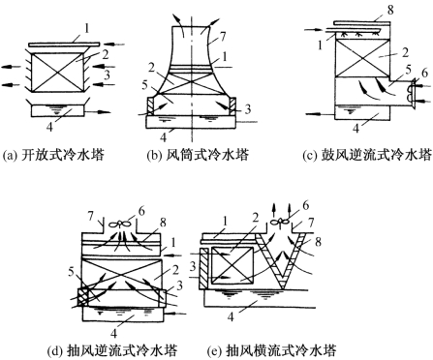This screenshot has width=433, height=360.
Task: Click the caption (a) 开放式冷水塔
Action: pyautogui.click(x=53, y=156)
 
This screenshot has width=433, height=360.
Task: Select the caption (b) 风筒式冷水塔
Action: pyautogui.click(x=198, y=156)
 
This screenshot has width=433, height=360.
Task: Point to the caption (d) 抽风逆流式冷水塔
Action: pyautogui.click(x=112, y=351)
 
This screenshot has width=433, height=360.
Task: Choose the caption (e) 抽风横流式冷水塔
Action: pyautogui.click(x=273, y=351)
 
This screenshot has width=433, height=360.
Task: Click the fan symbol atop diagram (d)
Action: pyautogui.click(x=119, y=224)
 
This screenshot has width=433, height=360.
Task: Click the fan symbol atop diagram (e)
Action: pyautogui.click(x=279, y=222)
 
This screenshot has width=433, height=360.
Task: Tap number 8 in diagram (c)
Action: pyautogui.click(x=390, y=10)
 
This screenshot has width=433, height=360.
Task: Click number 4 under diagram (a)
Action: pyautogui.click(x=49, y=127)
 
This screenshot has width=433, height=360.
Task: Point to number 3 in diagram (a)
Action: pyautogui.click(x=107, y=75)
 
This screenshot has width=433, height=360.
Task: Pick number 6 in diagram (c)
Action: pyautogui.click(x=424, y=74)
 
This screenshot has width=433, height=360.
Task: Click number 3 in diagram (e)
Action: pyautogui.click(x=193, y=266)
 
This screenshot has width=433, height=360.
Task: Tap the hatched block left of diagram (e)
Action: pyautogui.click(x=204, y=269)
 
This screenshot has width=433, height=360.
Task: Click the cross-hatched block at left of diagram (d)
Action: pyautogui.click(x=83, y=298)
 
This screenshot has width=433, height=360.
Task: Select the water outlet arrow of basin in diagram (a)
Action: pyautogui.click(x=97, y=112)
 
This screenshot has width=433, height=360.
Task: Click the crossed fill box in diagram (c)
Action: pyautogui.click(x=362, y=58)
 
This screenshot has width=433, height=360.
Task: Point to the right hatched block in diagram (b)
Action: pyautogui.click(x=232, y=106)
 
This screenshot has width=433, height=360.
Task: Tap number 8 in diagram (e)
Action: pyautogui.click(x=318, y=241)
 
